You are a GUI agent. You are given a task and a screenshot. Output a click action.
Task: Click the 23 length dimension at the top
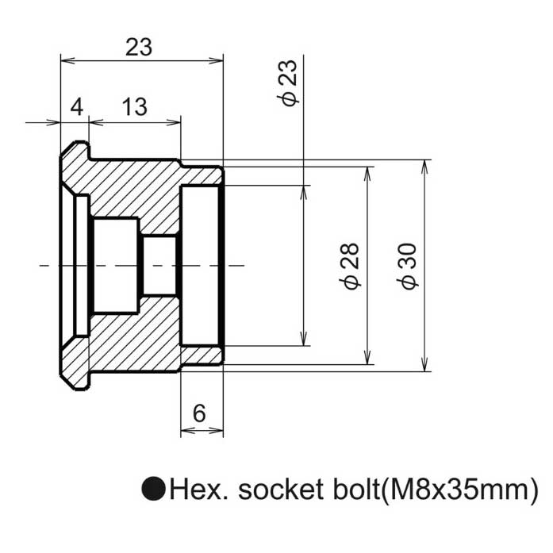click(x=139, y=47)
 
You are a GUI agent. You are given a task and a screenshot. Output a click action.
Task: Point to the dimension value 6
click(x=199, y=413)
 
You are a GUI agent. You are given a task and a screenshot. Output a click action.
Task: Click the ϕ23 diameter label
click(x=289, y=83)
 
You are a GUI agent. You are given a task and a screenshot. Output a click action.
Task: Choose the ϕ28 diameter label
click(x=350, y=267)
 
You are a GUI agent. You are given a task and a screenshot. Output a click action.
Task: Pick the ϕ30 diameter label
click(x=407, y=267)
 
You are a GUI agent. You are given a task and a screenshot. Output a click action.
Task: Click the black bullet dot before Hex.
click(x=154, y=489)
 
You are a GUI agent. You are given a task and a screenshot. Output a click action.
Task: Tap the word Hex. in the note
click(x=199, y=489)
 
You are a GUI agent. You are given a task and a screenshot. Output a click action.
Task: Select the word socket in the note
click(x=281, y=490)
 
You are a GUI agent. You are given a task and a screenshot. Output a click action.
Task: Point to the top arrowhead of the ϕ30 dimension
click(x=424, y=167)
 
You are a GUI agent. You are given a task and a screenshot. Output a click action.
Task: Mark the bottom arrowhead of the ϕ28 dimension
click(x=367, y=357)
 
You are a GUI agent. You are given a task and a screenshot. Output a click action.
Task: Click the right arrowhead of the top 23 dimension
click(x=216, y=60)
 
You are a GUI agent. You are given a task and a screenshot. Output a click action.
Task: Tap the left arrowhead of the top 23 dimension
click(x=68, y=60)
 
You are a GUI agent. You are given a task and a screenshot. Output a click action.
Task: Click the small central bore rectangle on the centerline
click(x=159, y=266)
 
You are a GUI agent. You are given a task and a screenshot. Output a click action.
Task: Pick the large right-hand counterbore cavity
click(x=200, y=265)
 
